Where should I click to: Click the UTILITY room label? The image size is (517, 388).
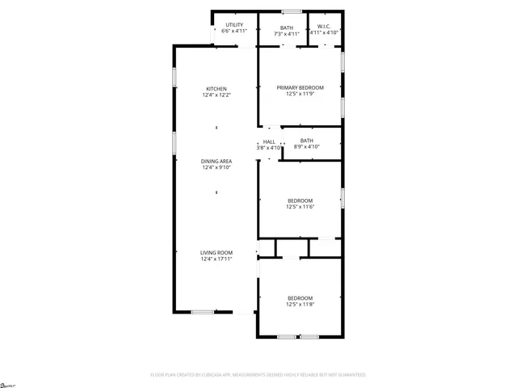coord(234,25)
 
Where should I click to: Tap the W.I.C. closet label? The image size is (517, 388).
coord(324,26)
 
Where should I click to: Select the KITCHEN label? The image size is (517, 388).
coord(216,89)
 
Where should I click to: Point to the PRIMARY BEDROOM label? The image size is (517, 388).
coord(300,87)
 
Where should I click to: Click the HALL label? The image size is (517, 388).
coord(268,141)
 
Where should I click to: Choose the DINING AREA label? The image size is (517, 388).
coord(216,161)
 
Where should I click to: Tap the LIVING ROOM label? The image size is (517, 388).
coord(216,252)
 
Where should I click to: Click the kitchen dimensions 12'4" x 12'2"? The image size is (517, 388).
coord(216,95)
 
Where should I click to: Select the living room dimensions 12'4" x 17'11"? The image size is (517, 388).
coord(216,259)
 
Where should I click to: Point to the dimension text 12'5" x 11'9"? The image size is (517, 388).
coord(300,94)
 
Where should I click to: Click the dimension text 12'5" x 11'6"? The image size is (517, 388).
coord(300,207)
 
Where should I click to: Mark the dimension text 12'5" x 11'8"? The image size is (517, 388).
coord(300,305)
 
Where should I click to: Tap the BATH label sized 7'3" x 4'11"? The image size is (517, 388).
coord(287,27)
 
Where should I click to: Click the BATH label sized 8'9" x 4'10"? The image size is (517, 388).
coord(307,141)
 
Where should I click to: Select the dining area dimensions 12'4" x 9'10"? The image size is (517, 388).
coord(216,167)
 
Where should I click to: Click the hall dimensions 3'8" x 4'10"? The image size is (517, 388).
coord(268,148)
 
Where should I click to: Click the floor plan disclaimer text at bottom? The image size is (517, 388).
coord(258,375)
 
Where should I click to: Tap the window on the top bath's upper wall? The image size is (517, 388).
coord(292,11)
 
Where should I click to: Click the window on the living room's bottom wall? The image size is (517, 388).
coord(203,312)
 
